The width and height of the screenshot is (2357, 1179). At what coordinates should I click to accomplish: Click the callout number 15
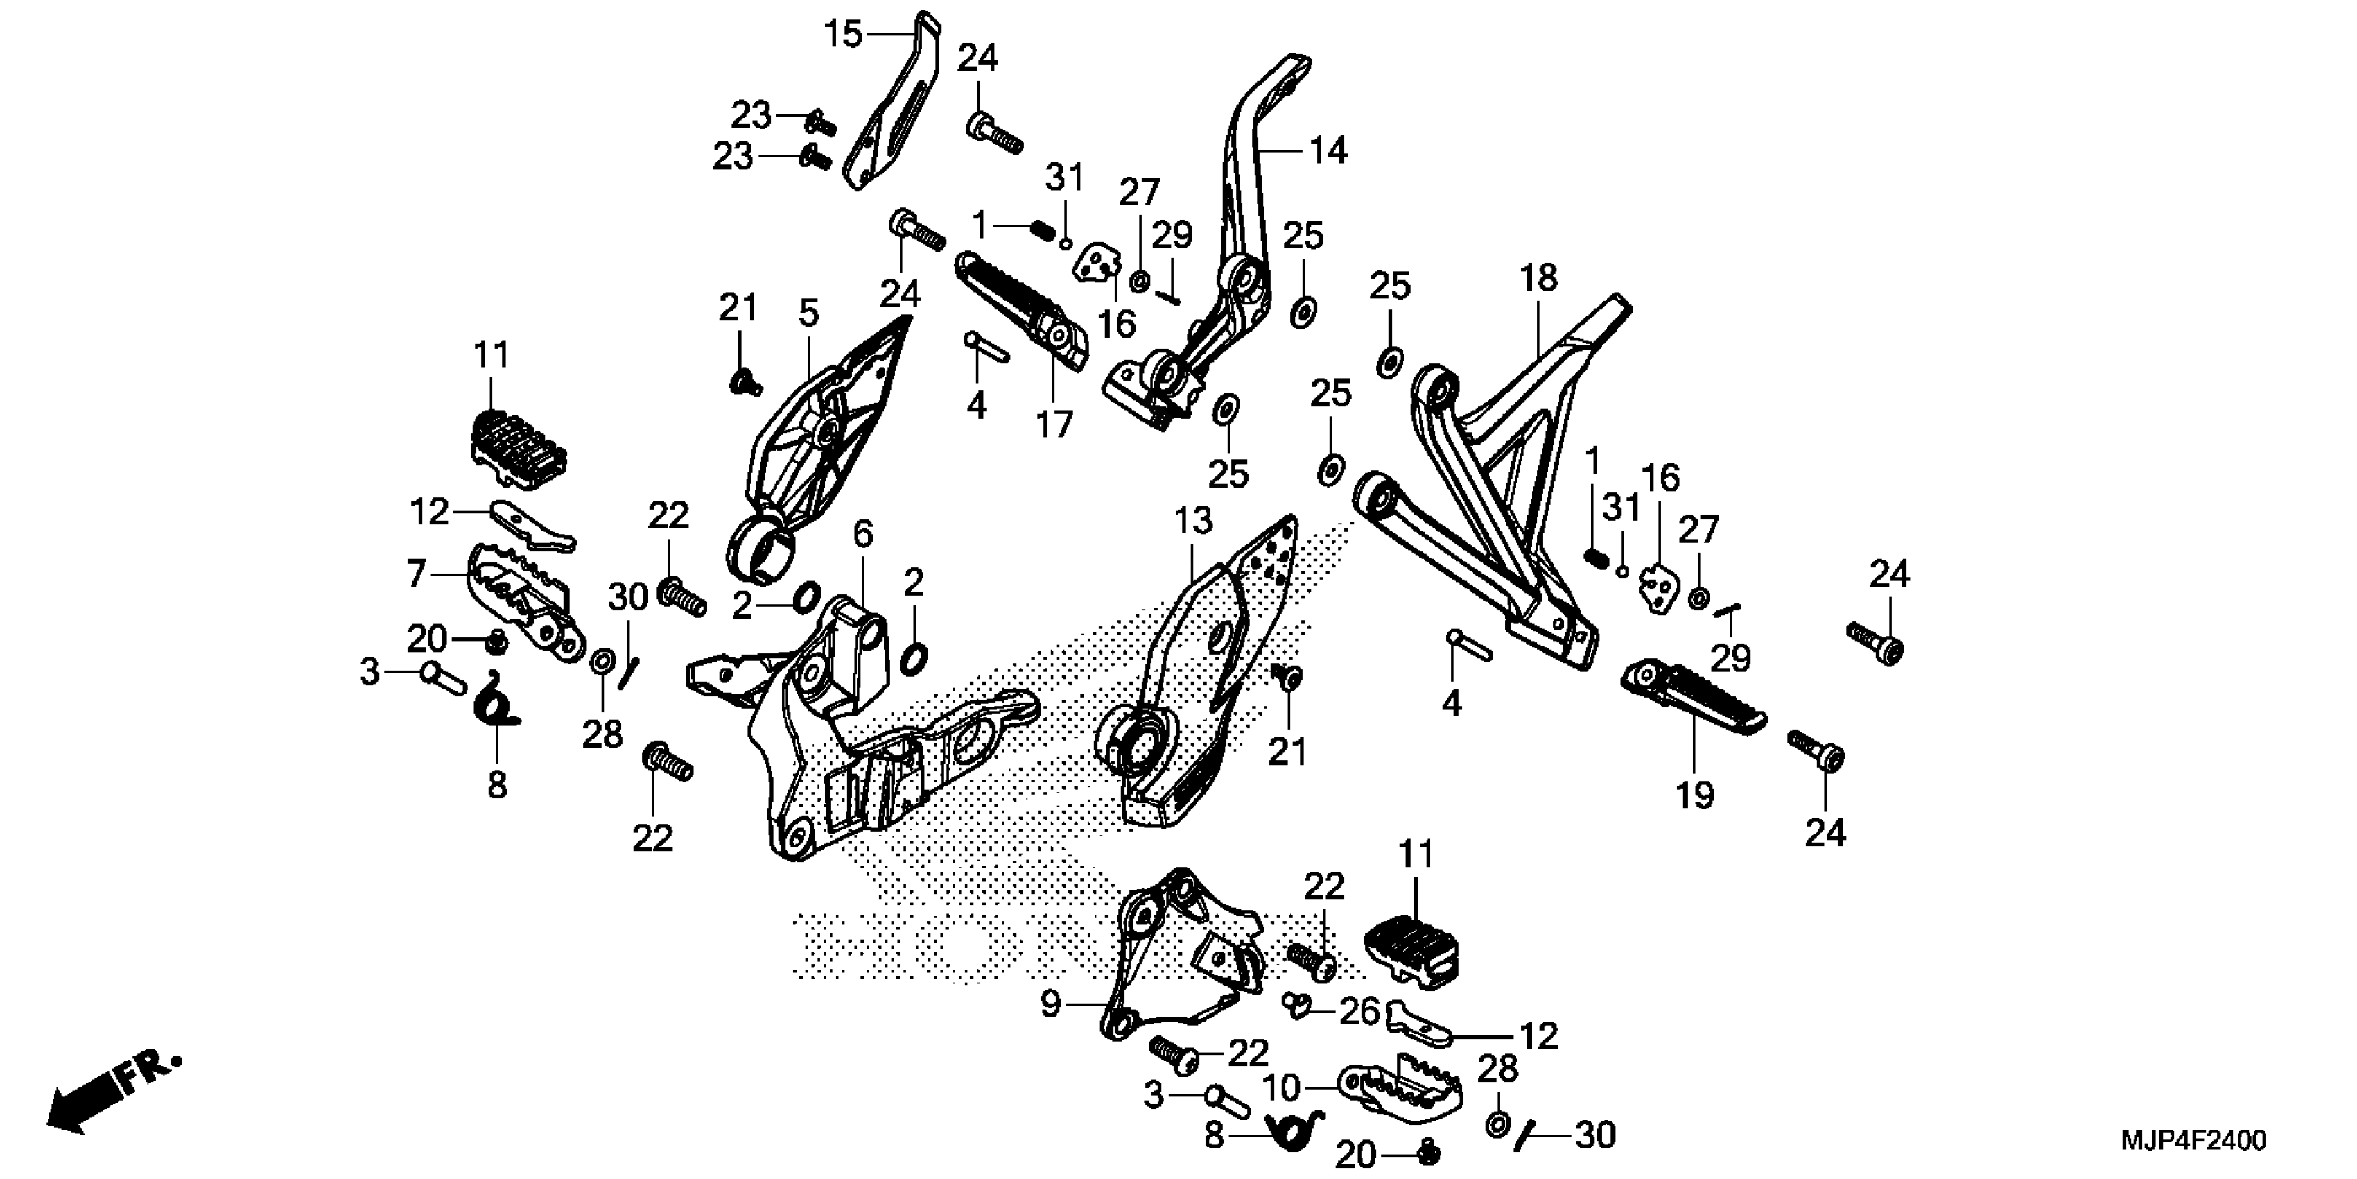[843, 35]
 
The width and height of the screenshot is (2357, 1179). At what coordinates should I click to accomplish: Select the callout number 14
[1328, 150]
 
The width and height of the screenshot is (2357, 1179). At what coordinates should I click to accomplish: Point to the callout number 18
[1538, 277]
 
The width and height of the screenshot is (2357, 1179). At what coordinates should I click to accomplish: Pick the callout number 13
[1193, 521]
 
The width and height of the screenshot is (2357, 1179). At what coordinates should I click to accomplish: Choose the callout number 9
[1050, 1004]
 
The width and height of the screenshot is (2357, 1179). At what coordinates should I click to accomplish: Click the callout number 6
[863, 533]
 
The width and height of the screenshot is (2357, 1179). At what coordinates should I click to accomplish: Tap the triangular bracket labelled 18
[1501, 476]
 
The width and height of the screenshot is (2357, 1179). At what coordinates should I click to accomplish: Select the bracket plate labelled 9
[1181, 961]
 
